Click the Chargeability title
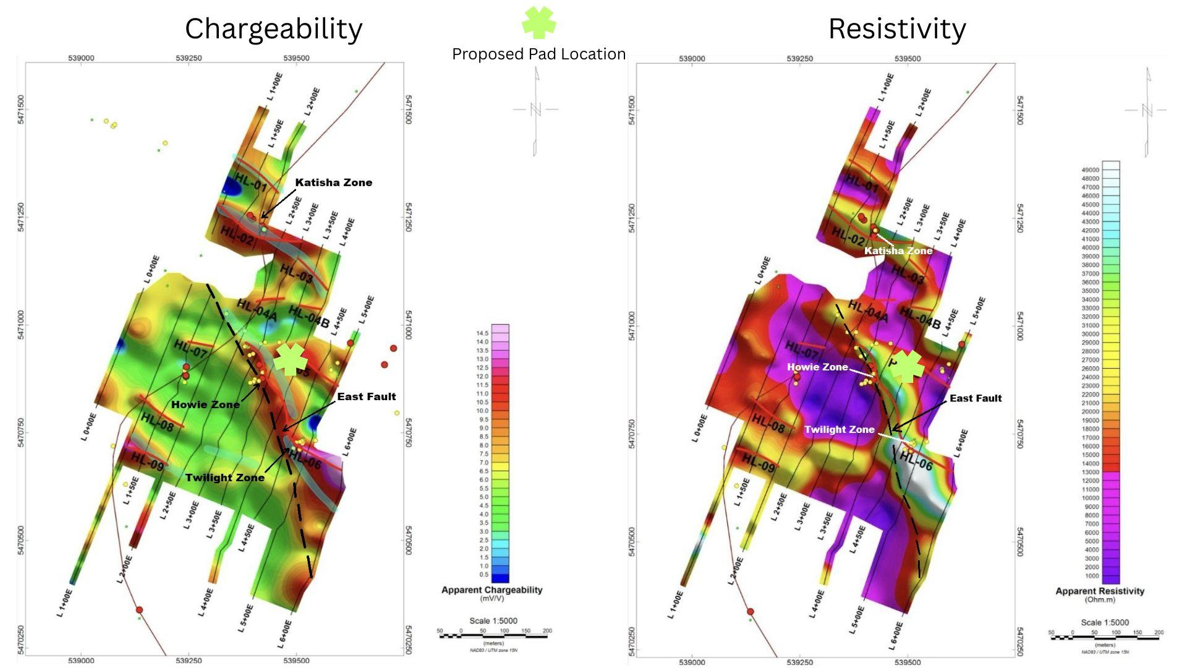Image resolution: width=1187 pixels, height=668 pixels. (273, 29)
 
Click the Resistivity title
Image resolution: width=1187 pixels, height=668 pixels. (896, 29)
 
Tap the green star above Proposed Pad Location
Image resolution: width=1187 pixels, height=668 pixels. (538, 22)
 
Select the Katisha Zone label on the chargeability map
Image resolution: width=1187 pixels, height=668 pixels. (333, 182)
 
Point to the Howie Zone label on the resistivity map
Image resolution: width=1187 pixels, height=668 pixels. (817, 367)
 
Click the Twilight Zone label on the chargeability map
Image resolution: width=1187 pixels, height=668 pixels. (224, 477)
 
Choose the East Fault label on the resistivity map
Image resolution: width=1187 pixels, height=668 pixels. (975, 398)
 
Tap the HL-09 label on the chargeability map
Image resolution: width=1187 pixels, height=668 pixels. (147, 462)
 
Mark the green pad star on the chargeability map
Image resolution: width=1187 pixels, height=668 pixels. (290, 359)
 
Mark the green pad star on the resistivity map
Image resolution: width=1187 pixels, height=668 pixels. (906, 367)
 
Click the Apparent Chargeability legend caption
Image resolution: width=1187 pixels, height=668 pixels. (491, 590)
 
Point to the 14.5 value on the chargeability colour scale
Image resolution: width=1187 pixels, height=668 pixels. (482, 333)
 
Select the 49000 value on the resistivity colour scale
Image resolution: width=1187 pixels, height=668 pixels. (1091, 170)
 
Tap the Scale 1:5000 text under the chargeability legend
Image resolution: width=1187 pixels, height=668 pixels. (493, 621)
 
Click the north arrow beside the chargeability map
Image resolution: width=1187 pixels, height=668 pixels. (535, 110)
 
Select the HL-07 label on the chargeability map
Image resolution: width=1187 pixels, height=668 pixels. (190, 348)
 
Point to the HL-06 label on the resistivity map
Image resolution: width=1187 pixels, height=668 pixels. (916, 461)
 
